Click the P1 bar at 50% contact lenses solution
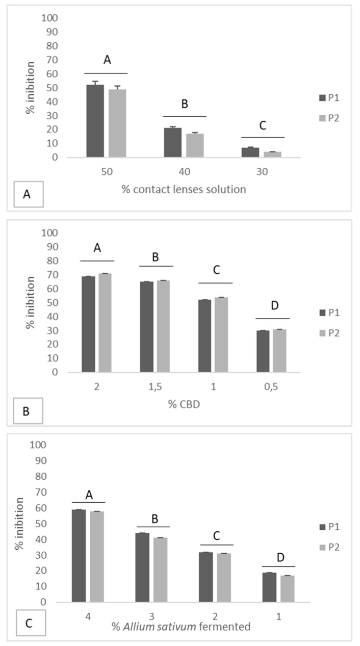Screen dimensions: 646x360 95,121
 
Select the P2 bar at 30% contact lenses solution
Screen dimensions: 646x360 272,154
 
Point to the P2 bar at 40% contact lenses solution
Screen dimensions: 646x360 195,145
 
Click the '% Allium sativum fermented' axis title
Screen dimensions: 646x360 182,626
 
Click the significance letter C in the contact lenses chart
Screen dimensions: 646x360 263,126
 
